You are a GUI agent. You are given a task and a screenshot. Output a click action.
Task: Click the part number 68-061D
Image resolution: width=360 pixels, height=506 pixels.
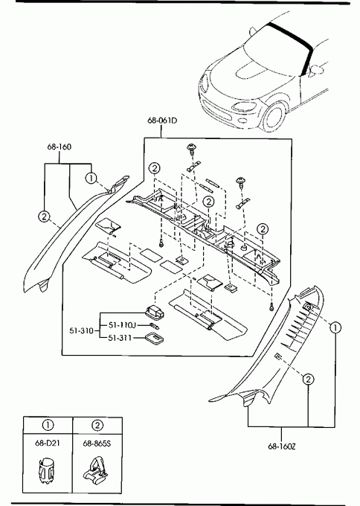162,121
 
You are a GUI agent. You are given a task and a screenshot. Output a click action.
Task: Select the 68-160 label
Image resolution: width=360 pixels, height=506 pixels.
59,147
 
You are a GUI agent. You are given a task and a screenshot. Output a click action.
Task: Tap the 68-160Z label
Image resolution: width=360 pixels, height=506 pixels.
282,446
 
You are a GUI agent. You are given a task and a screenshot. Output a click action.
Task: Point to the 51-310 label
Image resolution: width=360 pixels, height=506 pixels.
81,331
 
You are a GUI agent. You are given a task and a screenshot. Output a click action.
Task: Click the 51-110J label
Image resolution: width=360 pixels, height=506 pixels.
122,324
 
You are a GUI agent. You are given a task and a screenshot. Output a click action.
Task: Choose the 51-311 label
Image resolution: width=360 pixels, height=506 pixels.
120,338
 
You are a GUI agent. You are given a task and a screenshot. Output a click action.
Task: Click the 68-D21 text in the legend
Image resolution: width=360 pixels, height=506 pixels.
48,443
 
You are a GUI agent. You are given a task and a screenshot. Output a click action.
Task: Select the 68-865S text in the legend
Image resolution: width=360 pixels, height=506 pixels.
97,443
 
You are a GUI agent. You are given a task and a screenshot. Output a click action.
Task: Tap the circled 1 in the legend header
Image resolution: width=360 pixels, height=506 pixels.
48,425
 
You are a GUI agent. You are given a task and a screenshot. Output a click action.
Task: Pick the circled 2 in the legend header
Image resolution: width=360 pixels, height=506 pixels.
97,426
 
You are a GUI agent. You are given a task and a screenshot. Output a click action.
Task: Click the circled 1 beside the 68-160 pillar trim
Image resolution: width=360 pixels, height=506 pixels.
91,178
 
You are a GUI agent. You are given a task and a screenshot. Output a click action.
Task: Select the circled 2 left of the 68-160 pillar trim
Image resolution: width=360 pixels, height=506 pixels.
44,217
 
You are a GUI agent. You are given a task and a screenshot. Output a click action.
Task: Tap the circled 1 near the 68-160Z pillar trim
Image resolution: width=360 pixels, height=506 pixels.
335,328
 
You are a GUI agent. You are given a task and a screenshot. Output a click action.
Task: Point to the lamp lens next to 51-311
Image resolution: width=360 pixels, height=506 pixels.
154,338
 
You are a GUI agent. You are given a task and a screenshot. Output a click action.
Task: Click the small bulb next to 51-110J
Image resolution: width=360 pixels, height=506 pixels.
153,325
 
